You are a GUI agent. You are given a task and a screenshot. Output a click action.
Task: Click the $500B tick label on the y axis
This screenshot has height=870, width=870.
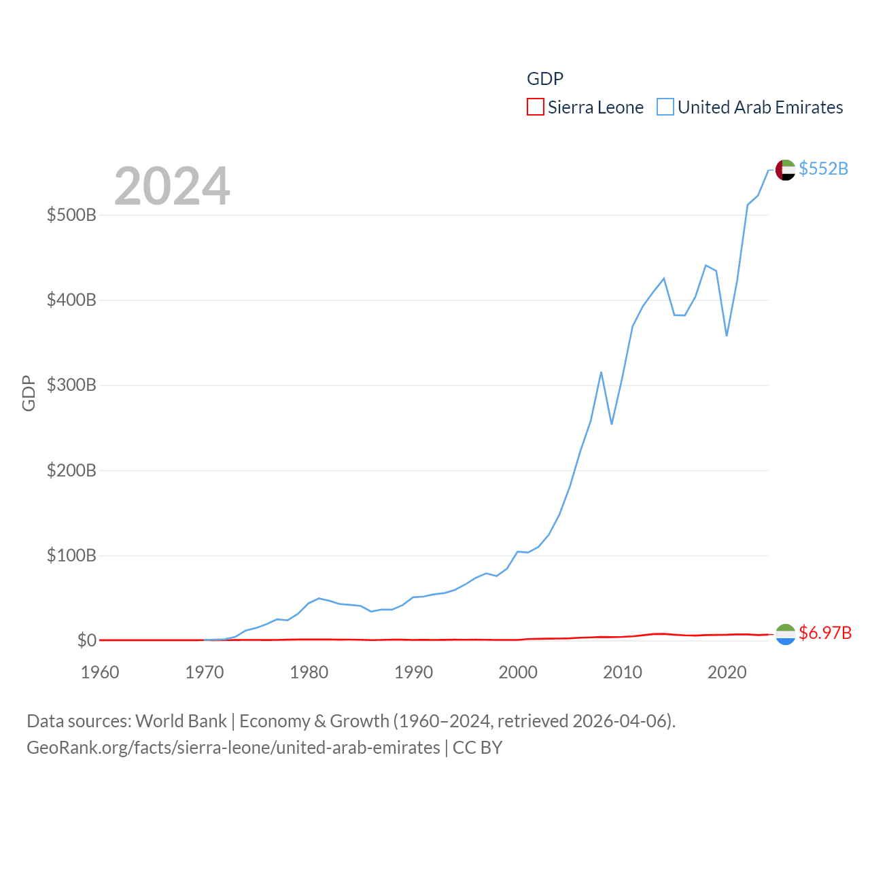71,215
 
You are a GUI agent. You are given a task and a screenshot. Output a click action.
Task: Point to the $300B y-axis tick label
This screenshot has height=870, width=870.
71,385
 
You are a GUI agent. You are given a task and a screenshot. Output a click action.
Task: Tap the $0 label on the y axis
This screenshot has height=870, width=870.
86,640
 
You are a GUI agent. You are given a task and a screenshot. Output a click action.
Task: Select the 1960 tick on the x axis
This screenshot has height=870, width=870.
100,672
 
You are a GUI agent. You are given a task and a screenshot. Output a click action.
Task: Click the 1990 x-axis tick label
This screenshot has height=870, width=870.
413,672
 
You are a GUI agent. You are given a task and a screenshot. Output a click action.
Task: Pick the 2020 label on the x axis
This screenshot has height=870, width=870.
727,672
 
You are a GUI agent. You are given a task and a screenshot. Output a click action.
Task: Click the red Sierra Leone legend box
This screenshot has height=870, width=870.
536,107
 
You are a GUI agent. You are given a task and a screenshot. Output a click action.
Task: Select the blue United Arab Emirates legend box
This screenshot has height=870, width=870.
665,107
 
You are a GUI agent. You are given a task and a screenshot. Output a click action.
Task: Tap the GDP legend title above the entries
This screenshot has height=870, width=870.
545,79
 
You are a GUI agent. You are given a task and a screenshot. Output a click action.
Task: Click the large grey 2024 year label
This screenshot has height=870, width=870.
172,186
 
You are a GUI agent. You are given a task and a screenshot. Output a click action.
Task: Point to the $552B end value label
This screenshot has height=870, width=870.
823,169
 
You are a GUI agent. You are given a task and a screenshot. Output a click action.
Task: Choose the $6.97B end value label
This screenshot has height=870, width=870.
825,633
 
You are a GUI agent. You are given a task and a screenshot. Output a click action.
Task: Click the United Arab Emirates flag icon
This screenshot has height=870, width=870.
785,169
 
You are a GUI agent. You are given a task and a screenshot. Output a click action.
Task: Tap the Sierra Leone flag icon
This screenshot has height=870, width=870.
785,634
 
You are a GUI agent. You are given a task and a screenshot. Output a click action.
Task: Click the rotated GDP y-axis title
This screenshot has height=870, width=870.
29,393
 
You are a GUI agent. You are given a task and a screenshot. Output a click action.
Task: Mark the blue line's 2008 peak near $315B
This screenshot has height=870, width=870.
601,372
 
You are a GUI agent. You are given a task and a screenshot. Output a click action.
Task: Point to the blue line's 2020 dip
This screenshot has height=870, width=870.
727,335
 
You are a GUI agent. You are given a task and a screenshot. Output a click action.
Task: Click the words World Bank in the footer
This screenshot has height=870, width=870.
181,720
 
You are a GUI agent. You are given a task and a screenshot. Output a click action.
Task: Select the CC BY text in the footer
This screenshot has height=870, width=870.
477,748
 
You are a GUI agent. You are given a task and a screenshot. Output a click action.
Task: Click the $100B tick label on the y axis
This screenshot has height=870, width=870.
71,555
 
